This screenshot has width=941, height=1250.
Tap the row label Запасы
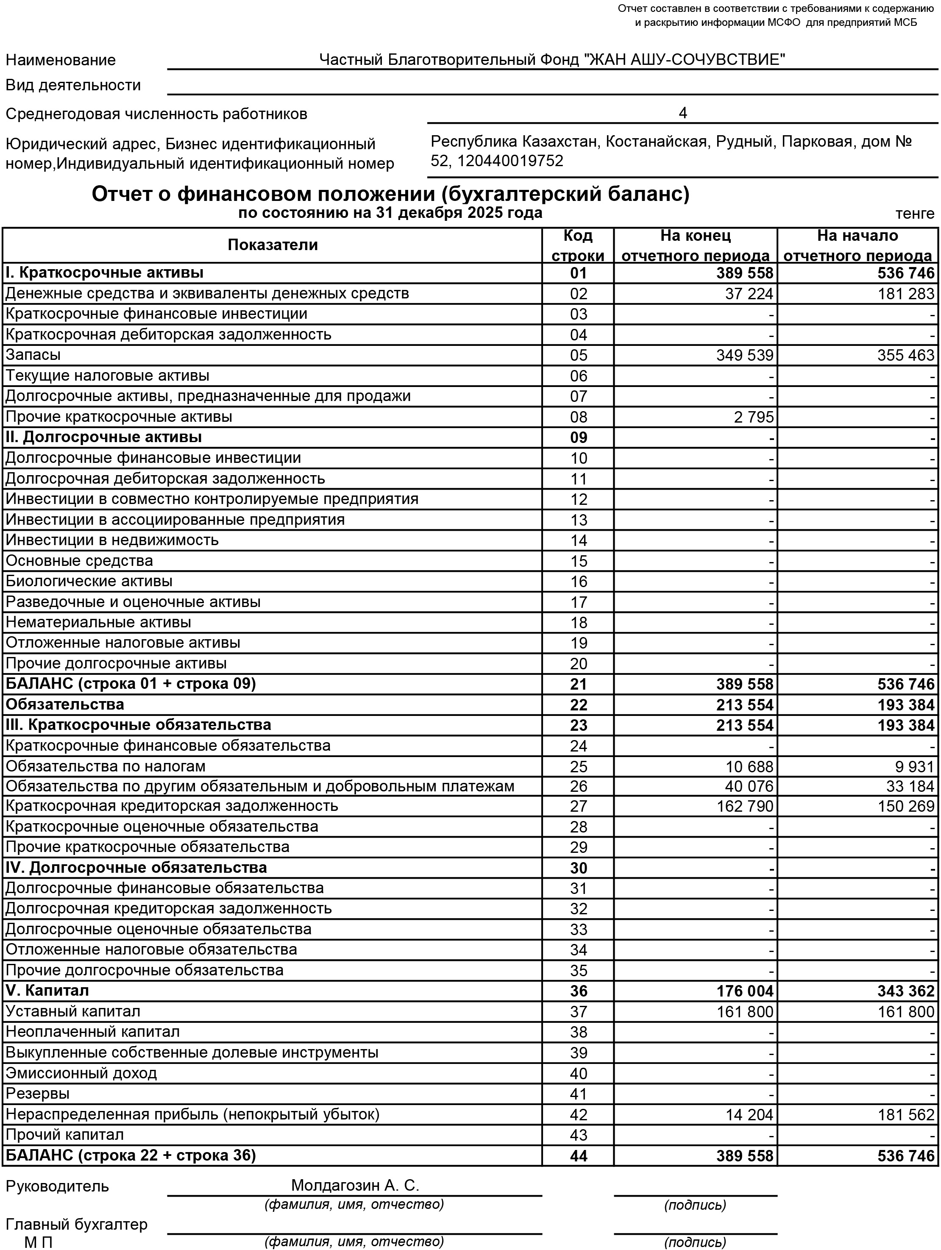click(33, 355)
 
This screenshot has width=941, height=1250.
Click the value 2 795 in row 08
click(754, 417)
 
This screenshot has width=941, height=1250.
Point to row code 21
click(578, 684)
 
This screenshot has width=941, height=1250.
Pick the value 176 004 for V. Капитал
click(744, 991)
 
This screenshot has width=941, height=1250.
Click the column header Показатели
click(273, 245)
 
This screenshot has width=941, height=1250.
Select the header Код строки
click(578, 246)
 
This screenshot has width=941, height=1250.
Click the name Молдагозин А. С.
click(355, 1185)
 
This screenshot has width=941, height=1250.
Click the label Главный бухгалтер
click(76, 1225)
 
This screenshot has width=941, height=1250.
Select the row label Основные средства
click(79, 561)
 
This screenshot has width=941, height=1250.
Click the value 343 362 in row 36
click(906, 991)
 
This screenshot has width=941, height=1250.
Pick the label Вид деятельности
click(73, 85)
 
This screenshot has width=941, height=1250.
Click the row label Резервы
click(37, 1094)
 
